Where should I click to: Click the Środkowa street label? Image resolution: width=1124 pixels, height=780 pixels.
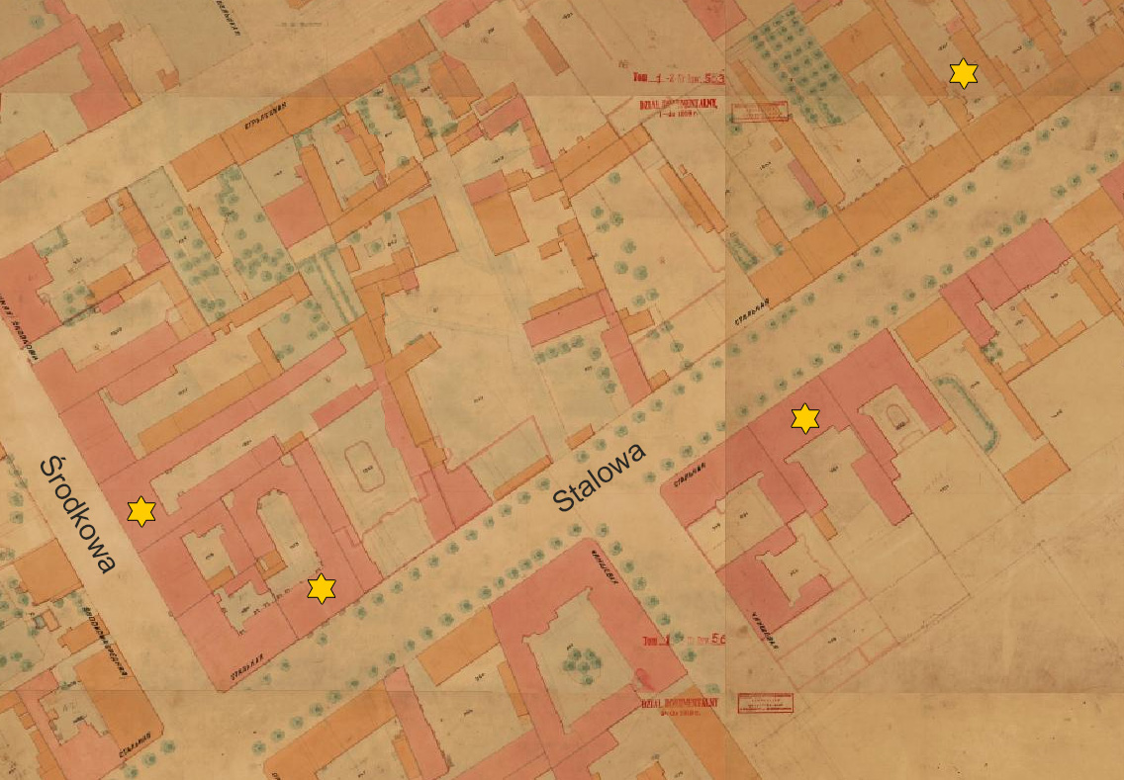pyautogui.click(x=78, y=514)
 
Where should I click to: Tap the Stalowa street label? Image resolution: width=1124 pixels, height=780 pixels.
pyautogui.click(x=600, y=477)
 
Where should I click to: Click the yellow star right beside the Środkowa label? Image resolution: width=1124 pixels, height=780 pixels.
pyautogui.click(x=141, y=511)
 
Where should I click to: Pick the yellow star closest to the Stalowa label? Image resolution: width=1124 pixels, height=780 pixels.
pyautogui.click(x=805, y=418)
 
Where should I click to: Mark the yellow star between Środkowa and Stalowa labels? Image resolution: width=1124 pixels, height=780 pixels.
pyautogui.click(x=321, y=588)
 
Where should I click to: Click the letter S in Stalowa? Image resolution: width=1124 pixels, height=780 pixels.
pyautogui.click(x=564, y=501)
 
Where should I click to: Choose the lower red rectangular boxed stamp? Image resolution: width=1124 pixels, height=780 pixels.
pyautogui.click(x=765, y=703)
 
